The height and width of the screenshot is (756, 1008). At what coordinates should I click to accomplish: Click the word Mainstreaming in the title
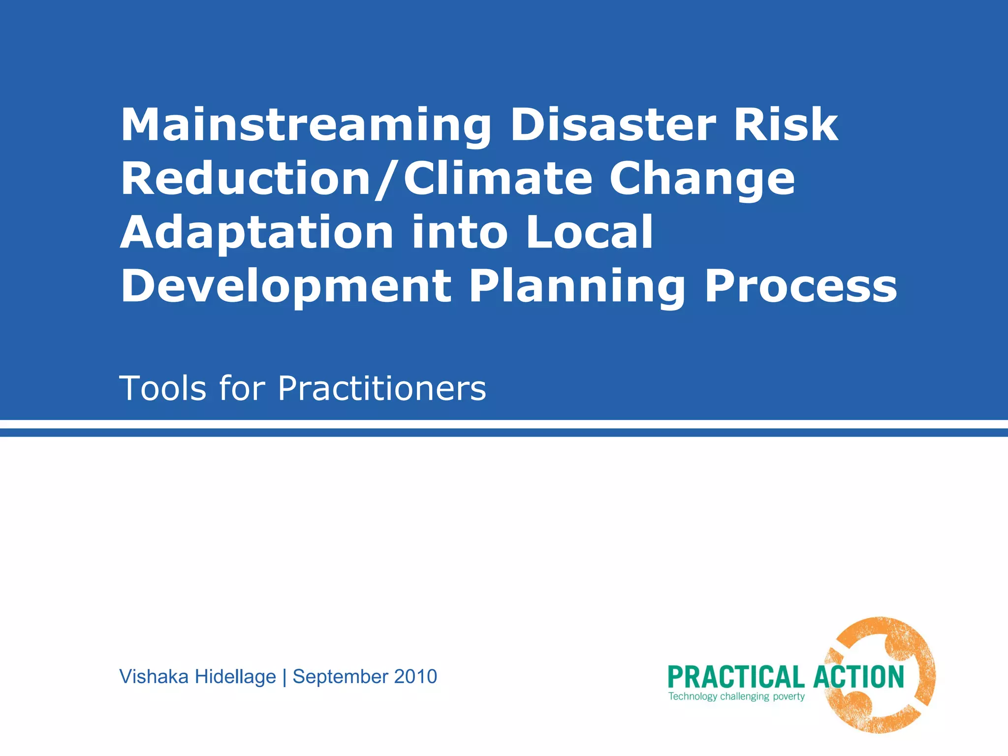[305, 126]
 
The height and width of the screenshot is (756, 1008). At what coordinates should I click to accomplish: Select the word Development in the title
[286, 287]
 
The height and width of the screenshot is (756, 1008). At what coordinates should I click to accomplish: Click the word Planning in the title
[577, 287]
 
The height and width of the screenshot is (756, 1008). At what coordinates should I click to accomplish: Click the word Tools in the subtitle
[163, 389]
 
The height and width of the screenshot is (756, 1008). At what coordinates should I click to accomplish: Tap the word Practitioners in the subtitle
[382, 389]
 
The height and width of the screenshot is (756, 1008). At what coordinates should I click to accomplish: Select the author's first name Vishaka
[154, 677]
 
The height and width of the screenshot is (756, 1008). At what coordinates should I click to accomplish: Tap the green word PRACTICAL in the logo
[735, 677]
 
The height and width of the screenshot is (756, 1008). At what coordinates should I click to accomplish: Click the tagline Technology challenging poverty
[736, 696]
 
